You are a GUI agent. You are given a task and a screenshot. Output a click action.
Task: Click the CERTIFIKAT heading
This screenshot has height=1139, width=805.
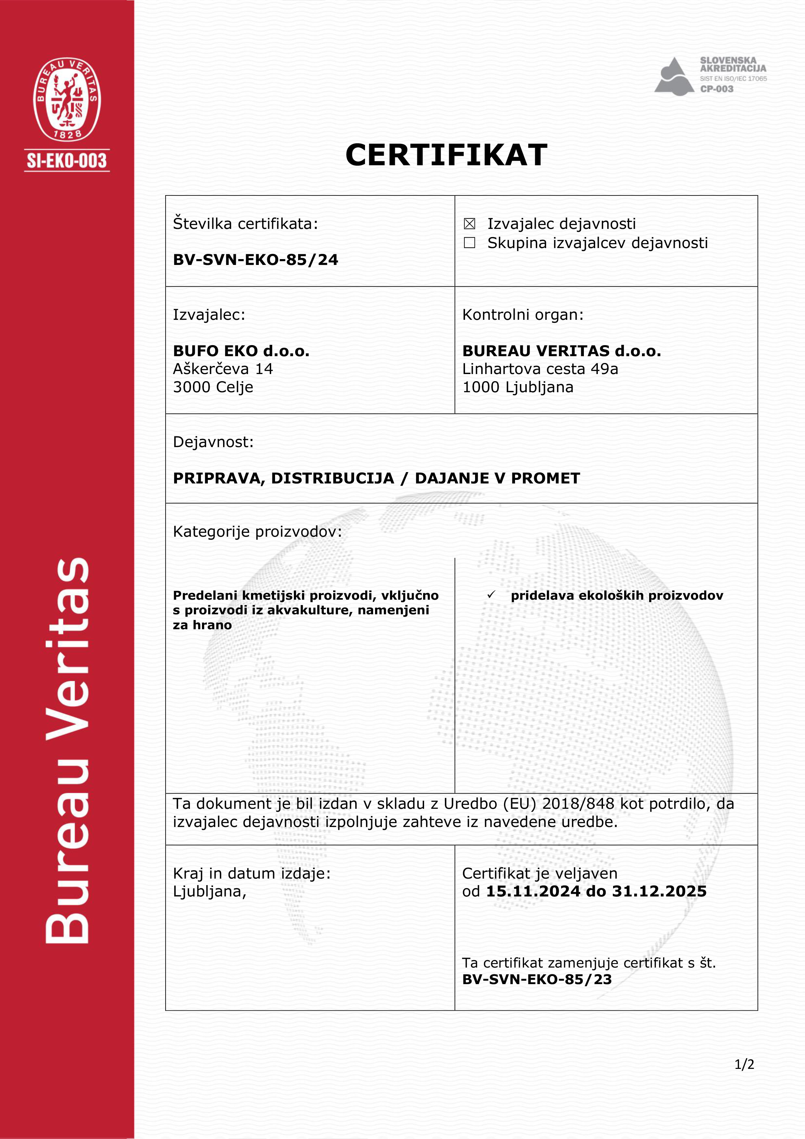pos(447,155)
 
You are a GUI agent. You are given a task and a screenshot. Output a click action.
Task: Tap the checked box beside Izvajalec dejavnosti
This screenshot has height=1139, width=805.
pos(469,224)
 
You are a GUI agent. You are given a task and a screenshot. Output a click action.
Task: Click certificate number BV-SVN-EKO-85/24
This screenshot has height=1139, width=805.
pos(256,259)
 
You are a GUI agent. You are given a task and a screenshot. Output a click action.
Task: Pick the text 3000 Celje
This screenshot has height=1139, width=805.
pos(213,387)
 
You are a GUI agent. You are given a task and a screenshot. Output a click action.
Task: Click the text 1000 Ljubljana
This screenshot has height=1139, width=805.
pos(518,387)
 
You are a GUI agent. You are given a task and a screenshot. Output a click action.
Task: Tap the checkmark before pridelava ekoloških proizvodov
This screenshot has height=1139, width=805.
pos(491,595)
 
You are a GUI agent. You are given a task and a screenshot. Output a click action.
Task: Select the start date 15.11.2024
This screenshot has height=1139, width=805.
pos(533,892)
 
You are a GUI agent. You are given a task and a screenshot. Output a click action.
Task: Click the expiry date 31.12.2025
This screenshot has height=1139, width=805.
pos(659,892)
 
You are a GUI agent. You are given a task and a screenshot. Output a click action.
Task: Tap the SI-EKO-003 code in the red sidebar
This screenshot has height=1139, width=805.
pos(67,161)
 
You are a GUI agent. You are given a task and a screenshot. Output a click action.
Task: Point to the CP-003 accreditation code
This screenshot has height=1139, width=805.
pos(717,89)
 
